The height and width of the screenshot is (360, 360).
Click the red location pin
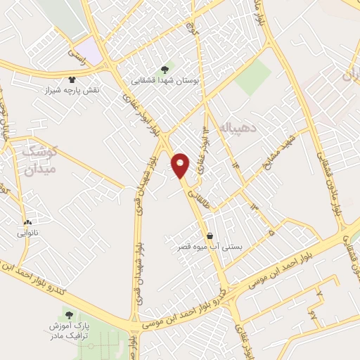(x=181, y=165)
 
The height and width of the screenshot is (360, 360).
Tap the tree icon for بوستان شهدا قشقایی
(x=165, y=69)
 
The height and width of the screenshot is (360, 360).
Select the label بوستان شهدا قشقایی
(x=165, y=82)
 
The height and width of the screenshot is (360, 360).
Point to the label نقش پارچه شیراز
(x=73, y=91)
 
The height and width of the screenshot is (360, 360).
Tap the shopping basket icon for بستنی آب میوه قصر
(x=210, y=236)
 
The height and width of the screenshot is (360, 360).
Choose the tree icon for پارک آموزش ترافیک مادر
(x=68, y=314)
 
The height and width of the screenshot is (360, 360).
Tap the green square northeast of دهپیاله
(x=254, y=77)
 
